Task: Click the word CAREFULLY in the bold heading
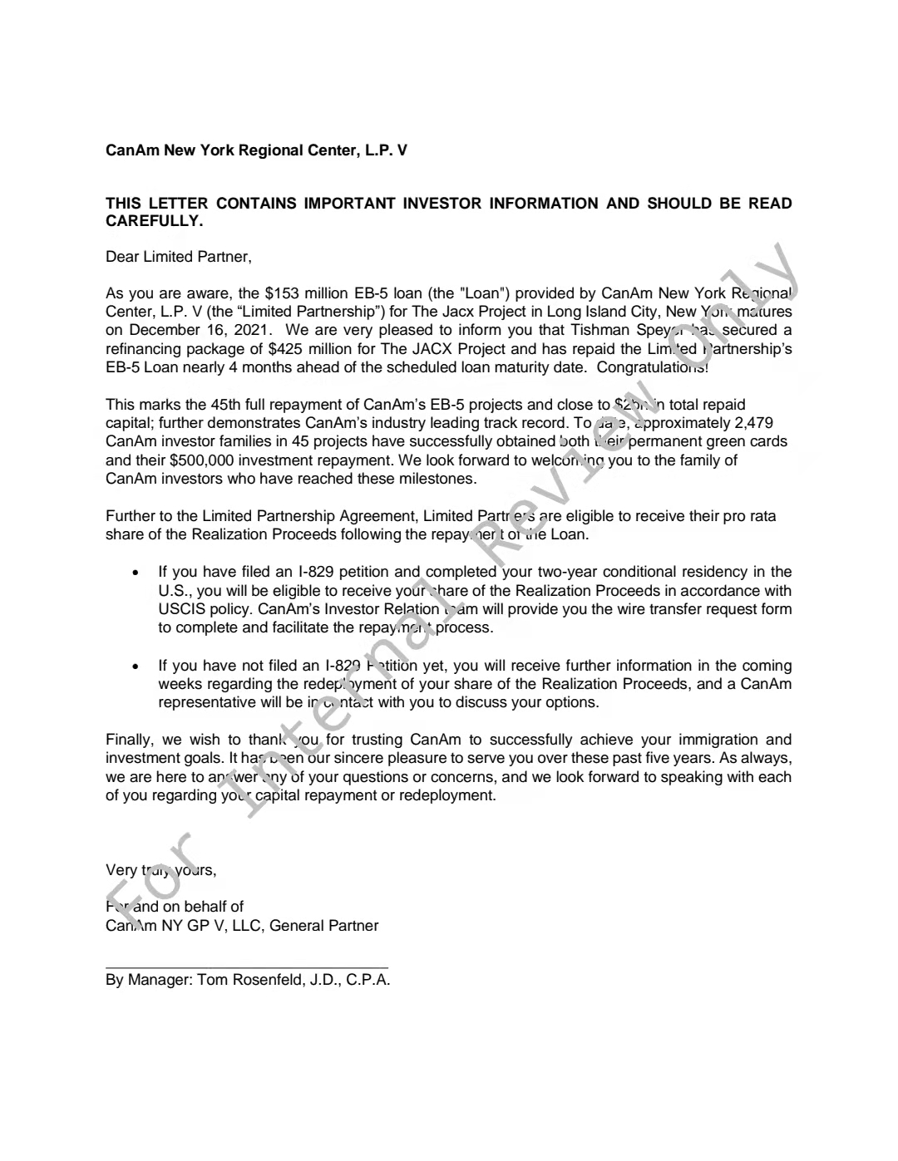(154, 221)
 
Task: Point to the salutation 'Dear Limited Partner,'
(179, 257)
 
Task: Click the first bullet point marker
(136, 573)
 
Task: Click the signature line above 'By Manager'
(247, 967)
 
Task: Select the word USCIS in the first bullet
(180, 609)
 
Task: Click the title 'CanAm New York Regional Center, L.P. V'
(256, 151)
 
